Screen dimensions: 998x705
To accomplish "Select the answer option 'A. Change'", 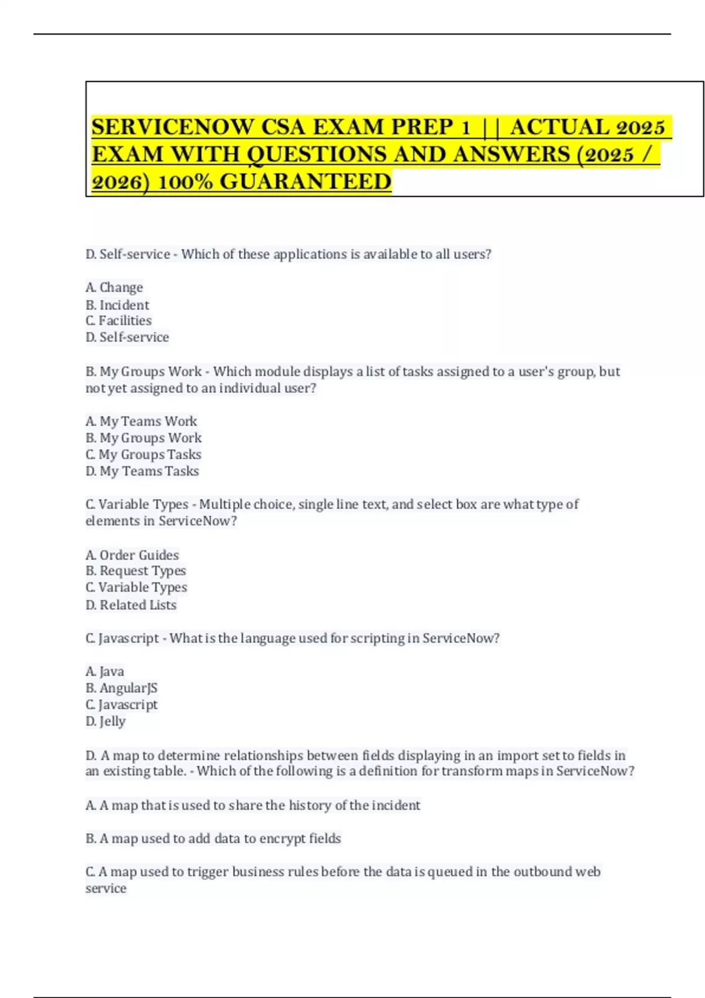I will coord(114,288).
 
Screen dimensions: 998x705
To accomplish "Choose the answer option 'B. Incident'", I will coord(117,305).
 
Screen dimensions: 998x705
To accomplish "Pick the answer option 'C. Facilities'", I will coord(119,321).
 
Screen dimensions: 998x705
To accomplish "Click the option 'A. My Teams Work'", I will coord(141,422).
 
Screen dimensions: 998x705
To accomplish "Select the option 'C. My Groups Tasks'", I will coord(143,454).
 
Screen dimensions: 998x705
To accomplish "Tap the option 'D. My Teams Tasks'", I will coord(142,471).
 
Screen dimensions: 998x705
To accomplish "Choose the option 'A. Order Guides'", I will coord(132,555).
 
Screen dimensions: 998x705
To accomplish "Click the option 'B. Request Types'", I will coord(136,571).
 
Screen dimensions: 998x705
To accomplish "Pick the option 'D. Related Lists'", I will coord(131,605).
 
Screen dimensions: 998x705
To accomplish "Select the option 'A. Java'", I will coord(105,671).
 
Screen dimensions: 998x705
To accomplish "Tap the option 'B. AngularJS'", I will coord(122,688).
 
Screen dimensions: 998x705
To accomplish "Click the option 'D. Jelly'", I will coord(106,721).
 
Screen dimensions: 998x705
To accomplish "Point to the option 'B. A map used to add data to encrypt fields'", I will coord(213,838).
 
